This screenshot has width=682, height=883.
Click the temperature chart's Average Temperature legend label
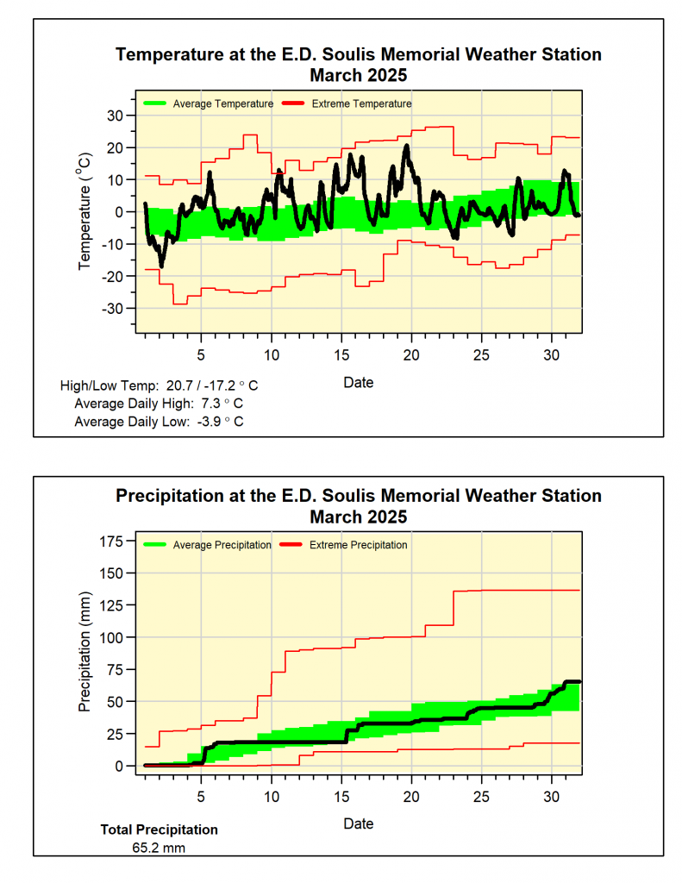(x=222, y=103)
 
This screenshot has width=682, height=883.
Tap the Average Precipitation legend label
(x=222, y=545)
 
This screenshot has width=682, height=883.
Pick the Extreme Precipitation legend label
(x=358, y=545)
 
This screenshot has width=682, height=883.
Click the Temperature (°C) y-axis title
(x=84, y=211)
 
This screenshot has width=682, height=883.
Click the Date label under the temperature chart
(x=359, y=382)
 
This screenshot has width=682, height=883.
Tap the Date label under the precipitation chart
(x=359, y=824)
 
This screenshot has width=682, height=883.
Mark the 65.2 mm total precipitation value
(x=159, y=848)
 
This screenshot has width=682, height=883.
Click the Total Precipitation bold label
(x=160, y=830)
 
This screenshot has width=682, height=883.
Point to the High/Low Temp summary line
(x=159, y=385)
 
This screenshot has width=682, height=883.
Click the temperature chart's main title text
(x=359, y=55)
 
